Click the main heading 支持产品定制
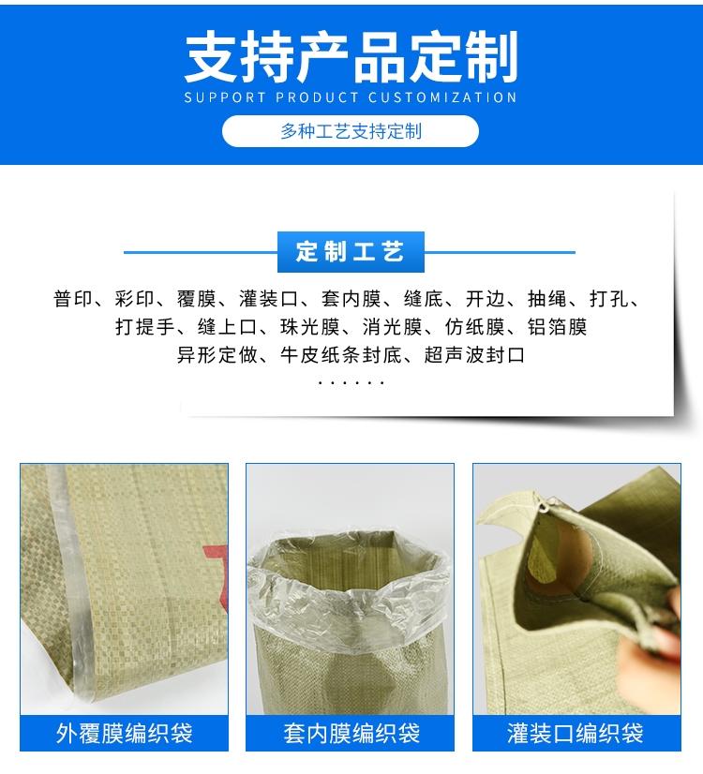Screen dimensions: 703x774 pyautogui.click(x=351, y=56)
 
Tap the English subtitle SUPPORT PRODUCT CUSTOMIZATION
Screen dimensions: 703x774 pyautogui.click(x=351, y=97)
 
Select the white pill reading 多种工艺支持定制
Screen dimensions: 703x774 pyautogui.click(x=351, y=131)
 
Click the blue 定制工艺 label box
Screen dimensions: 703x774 pyautogui.click(x=351, y=252)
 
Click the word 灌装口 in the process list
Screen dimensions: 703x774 pyautogui.click(x=269, y=299)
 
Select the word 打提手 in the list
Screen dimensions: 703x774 pyautogui.click(x=145, y=327)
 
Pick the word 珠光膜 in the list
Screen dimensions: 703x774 pyautogui.click(x=310, y=327)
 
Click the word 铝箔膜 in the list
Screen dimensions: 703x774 pyautogui.click(x=558, y=327)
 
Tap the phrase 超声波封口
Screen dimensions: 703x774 pyautogui.click(x=474, y=355)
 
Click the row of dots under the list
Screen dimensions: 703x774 pyautogui.click(x=351, y=382)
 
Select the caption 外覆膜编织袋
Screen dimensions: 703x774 pyautogui.click(x=124, y=734)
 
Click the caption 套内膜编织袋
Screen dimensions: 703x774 pyautogui.click(x=351, y=734)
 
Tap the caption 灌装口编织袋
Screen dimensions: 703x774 pyautogui.click(x=576, y=734)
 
